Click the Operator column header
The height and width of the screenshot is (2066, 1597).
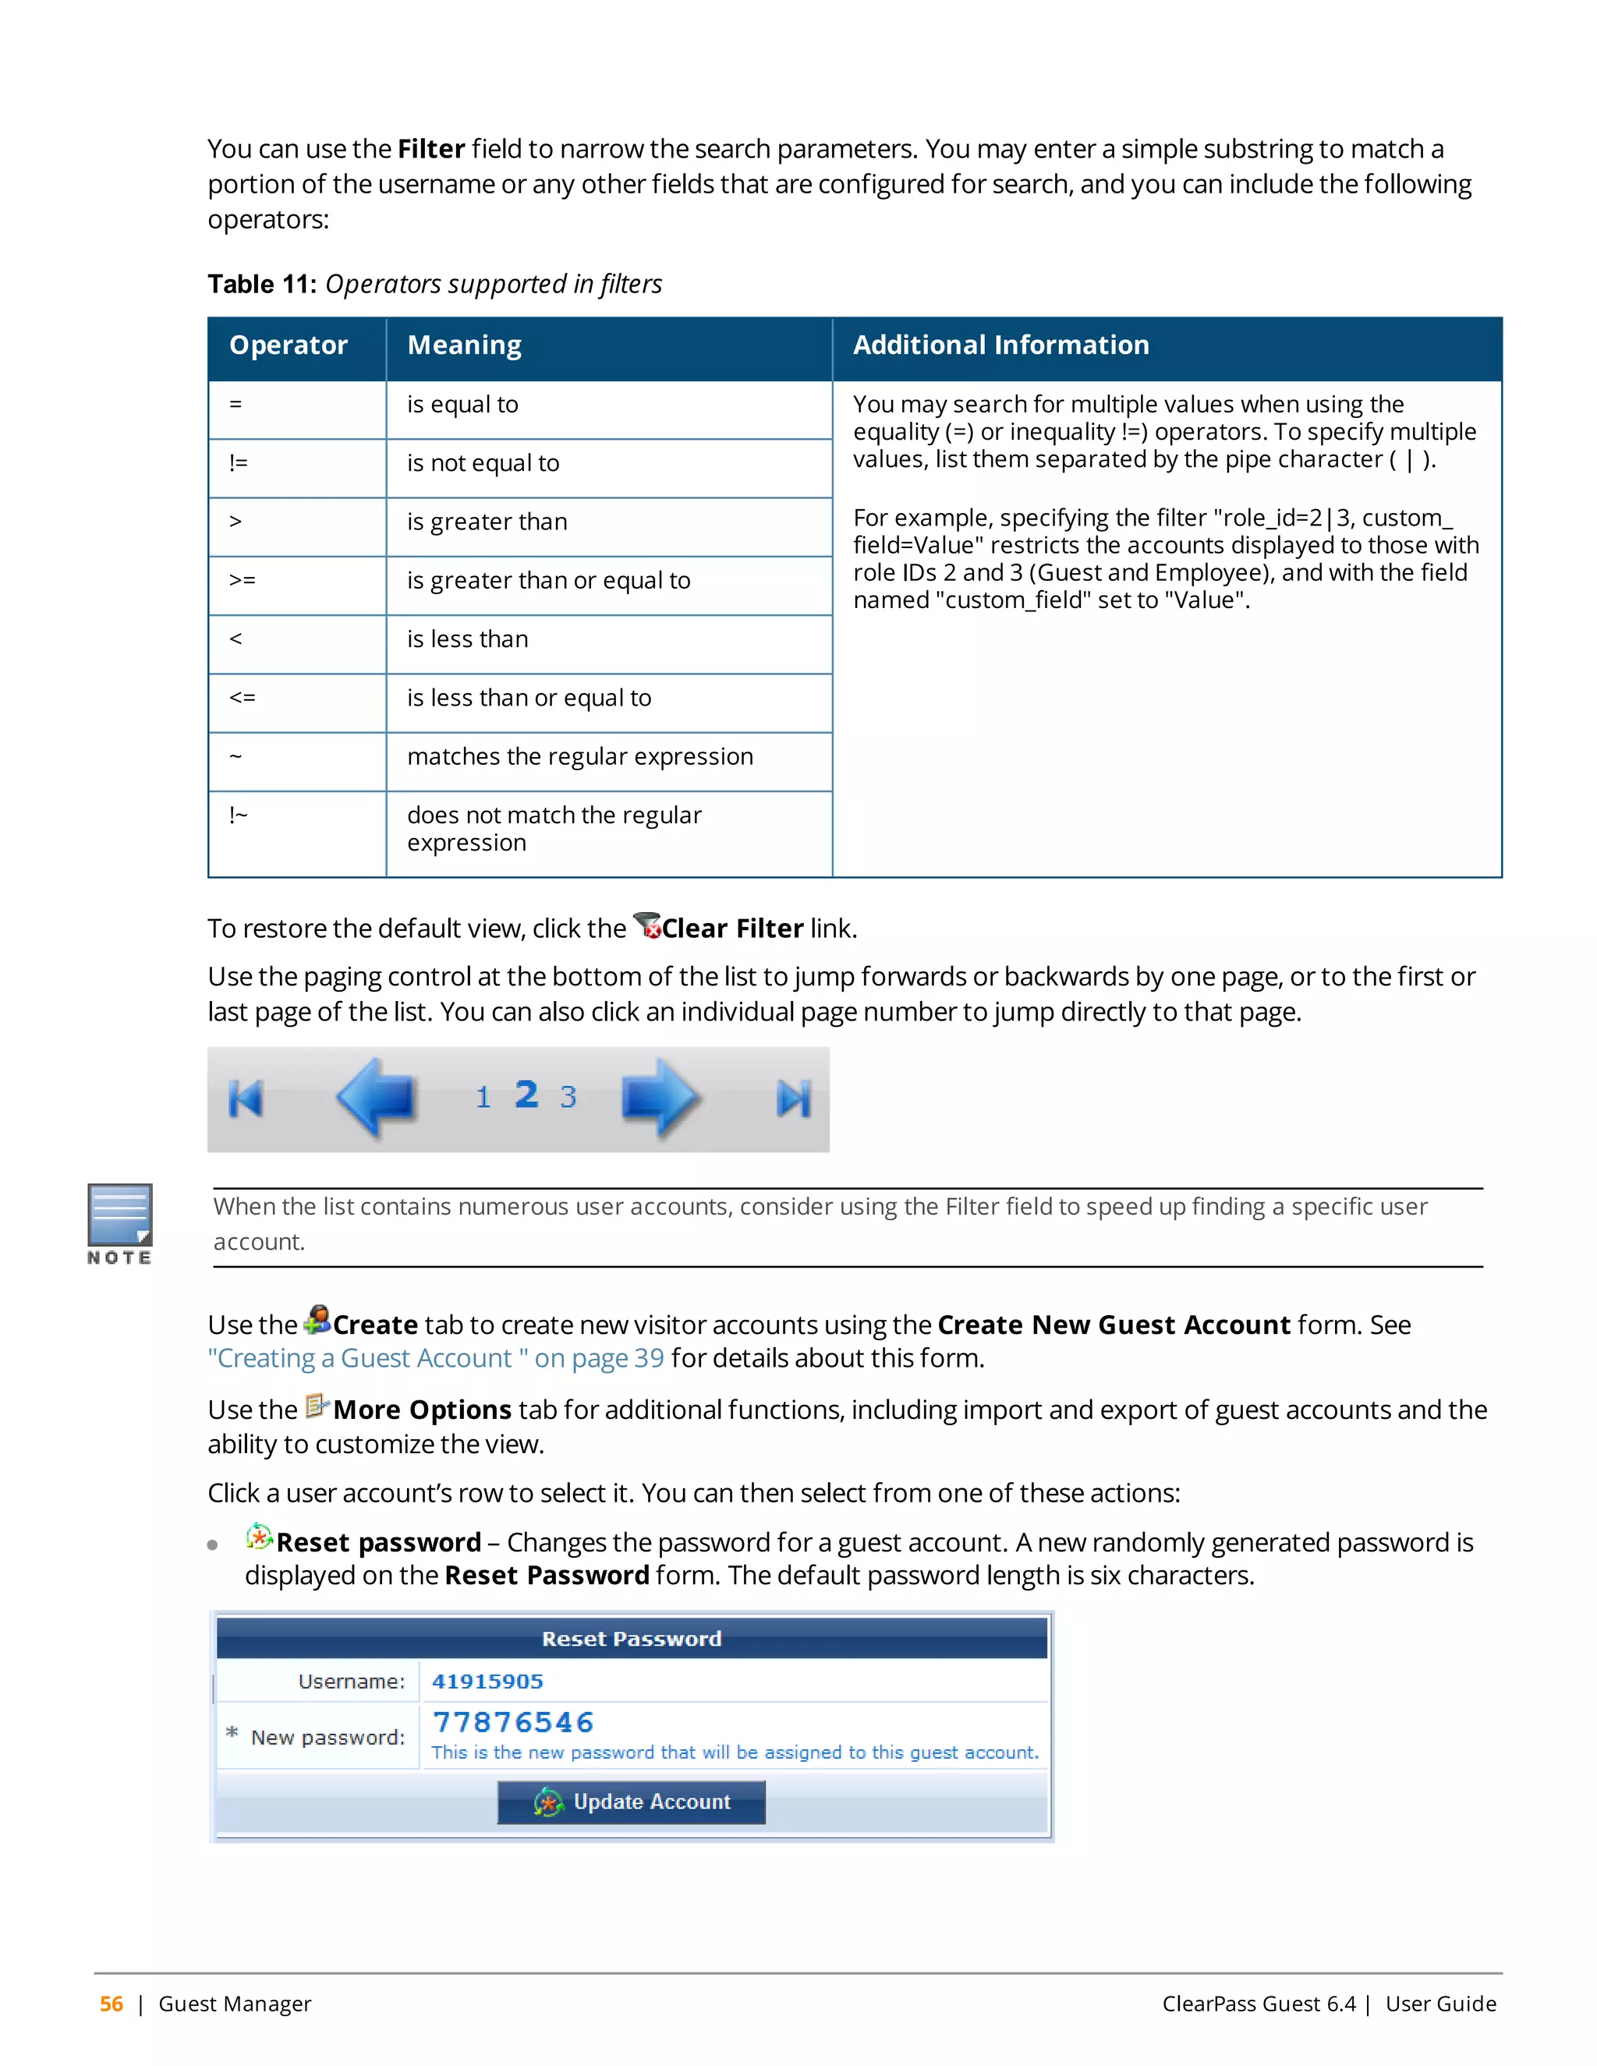coord(289,345)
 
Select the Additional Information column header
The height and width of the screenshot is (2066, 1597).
coord(1001,345)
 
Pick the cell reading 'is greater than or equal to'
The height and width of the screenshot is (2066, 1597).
coord(549,581)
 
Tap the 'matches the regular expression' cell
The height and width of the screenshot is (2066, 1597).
coord(580,757)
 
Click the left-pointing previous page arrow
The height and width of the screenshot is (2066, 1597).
coord(377,1098)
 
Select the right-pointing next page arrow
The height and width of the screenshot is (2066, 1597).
coord(660,1098)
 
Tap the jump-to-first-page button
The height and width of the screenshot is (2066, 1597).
coord(246,1099)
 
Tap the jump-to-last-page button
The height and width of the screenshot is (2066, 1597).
coord(793,1099)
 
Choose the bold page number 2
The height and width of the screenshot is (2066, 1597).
coord(527,1095)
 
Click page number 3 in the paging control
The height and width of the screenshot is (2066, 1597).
coord(568,1098)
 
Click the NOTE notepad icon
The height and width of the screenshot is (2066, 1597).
coord(120,1215)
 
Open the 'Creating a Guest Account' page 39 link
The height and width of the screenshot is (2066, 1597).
coord(435,1358)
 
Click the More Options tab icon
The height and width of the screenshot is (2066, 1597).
coord(316,1406)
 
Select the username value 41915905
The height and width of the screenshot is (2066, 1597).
coord(487,1681)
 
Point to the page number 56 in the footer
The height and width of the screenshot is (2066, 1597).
coord(112,2004)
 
